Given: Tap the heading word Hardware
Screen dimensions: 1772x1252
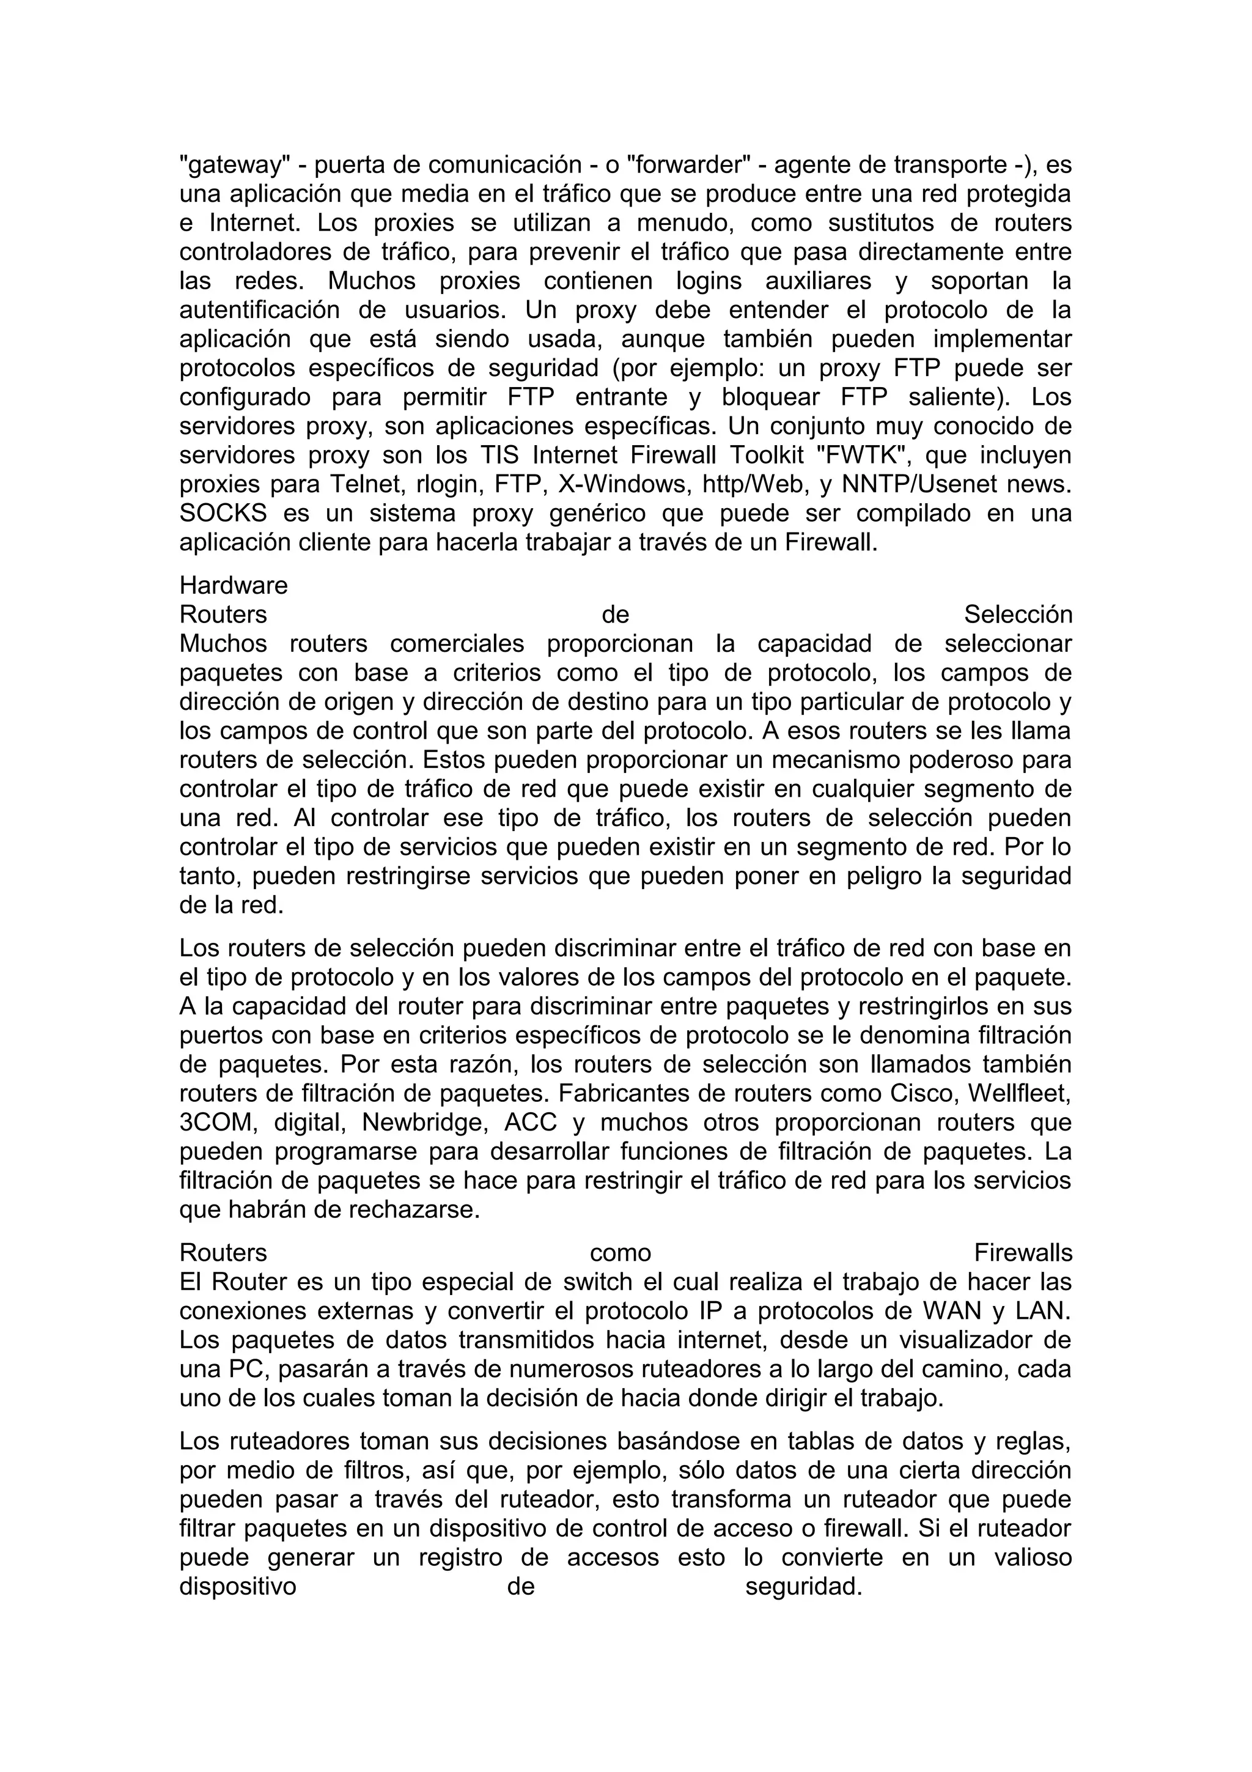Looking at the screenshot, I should point(233,586).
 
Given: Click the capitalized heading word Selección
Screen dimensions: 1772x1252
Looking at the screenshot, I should point(1017,615).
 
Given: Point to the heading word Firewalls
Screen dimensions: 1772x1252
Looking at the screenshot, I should point(1022,1253).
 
